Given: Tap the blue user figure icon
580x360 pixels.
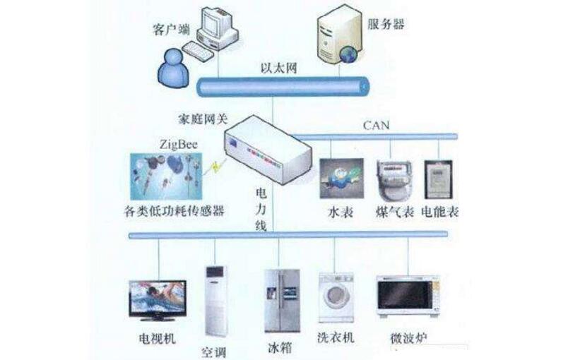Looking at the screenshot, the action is tap(174, 68).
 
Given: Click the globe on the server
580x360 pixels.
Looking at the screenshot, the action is tap(348, 54).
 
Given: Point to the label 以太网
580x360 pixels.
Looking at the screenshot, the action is tap(279, 68).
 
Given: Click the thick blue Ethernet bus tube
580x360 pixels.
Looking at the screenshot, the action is tap(283, 87).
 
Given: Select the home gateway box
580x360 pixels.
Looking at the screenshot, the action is tap(269, 150).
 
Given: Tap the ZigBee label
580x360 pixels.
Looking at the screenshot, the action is tap(178, 145).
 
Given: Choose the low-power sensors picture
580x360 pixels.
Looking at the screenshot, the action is tap(167, 176).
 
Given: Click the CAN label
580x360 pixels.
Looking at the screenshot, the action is tap(376, 126).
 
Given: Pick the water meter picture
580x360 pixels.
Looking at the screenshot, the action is tap(341, 179).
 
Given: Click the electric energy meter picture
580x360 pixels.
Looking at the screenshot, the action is tap(438, 179).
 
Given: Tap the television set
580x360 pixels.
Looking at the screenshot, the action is tap(158, 300).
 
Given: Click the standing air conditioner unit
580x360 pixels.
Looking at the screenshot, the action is tap(216, 301).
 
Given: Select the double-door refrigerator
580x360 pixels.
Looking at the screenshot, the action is tap(282, 301).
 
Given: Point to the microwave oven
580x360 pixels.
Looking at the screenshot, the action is tap(408, 296).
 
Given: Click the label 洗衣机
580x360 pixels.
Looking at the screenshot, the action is tap(336, 337).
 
